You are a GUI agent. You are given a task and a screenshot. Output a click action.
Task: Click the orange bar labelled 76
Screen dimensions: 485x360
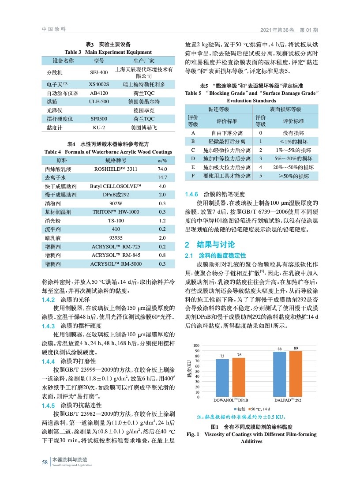(238, 377)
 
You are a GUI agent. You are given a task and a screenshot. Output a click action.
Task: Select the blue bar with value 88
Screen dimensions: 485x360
(279, 374)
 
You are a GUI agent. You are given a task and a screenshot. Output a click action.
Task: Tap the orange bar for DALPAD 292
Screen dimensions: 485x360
(295, 374)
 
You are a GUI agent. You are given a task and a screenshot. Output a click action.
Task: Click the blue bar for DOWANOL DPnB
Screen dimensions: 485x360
(222, 378)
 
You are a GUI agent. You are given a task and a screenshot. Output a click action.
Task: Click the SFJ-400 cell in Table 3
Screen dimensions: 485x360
(98, 72)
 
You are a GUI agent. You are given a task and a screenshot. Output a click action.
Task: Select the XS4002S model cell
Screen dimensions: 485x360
(98, 83)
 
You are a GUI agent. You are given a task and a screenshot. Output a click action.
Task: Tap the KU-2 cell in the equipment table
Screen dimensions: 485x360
(98, 128)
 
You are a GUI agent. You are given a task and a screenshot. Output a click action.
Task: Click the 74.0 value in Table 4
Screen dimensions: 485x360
(161, 169)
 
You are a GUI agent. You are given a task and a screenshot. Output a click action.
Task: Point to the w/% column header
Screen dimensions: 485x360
(161, 160)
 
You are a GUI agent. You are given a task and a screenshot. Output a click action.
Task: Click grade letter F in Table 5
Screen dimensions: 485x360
(193, 176)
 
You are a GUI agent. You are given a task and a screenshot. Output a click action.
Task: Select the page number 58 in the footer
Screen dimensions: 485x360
(45, 462)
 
